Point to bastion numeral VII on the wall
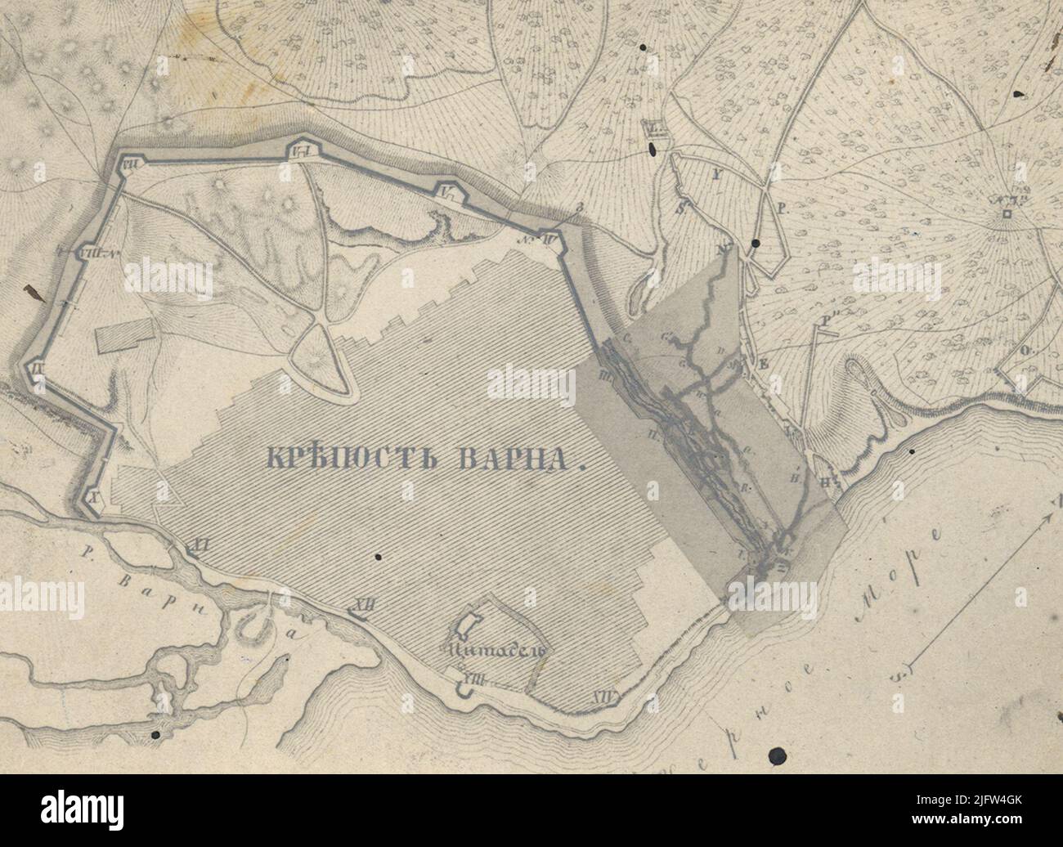tap(128, 165)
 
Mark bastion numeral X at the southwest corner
tap(92, 496)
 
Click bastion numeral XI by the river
tap(197, 543)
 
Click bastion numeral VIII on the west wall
tap(92, 253)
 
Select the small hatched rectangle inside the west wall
tap(126, 336)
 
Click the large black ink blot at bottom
tap(778, 755)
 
